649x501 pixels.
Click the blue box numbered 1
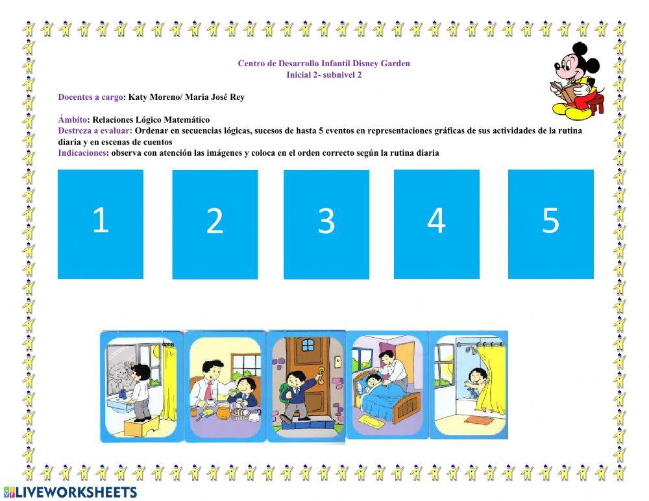pyautogui.click(x=101, y=224)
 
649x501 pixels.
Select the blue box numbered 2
pyautogui.click(x=215, y=225)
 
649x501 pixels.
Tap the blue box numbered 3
pyautogui.click(x=326, y=225)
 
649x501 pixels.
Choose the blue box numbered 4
pyautogui.click(x=437, y=224)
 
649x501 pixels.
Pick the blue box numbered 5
pyautogui.click(x=551, y=224)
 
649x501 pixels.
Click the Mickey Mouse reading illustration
pyautogui.click(x=578, y=79)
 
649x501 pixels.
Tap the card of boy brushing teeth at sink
pyautogui.click(x=141, y=386)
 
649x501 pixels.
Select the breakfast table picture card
pyautogui.click(x=225, y=386)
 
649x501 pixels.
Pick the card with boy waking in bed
pyautogui.click(x=387, y=385)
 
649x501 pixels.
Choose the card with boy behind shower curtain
pyautogui.click(x=469, y=385)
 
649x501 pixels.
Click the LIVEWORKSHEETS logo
pyautogui.click(x=70, y=492)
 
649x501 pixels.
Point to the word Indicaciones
pyautogui.click(x=82, y=153)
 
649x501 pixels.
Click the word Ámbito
pyautogui.click(x=73, y=119)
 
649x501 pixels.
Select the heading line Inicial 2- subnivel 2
pyautogui.click(x=324, y=75)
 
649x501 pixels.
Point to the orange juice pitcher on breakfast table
pyautogui.click(x=223, y=411)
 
